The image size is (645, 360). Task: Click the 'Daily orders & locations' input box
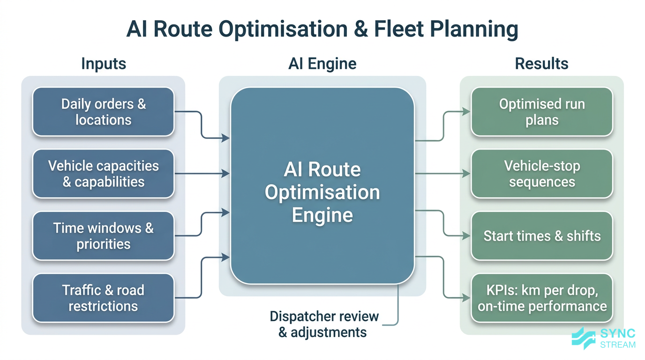[103, 112]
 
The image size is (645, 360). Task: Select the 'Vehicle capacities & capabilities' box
[103, 174]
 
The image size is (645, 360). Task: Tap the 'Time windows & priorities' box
[103, 236]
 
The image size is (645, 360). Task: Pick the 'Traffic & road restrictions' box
[103, 298]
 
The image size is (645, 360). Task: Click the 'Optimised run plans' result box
[542, 112]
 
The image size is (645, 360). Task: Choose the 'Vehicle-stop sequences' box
[542, 174]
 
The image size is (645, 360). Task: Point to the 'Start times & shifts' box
[542, 236]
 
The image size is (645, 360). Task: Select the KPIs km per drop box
[542, 298]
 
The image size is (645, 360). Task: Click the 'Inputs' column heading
[104, 64]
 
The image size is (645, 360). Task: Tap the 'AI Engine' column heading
[322, 64]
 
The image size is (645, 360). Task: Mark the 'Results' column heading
[541, 64]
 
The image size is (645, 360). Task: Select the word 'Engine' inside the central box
[322, 215]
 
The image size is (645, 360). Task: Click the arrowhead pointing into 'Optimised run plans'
[466, 112]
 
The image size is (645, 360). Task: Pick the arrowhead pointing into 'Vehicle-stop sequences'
[466, 174]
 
